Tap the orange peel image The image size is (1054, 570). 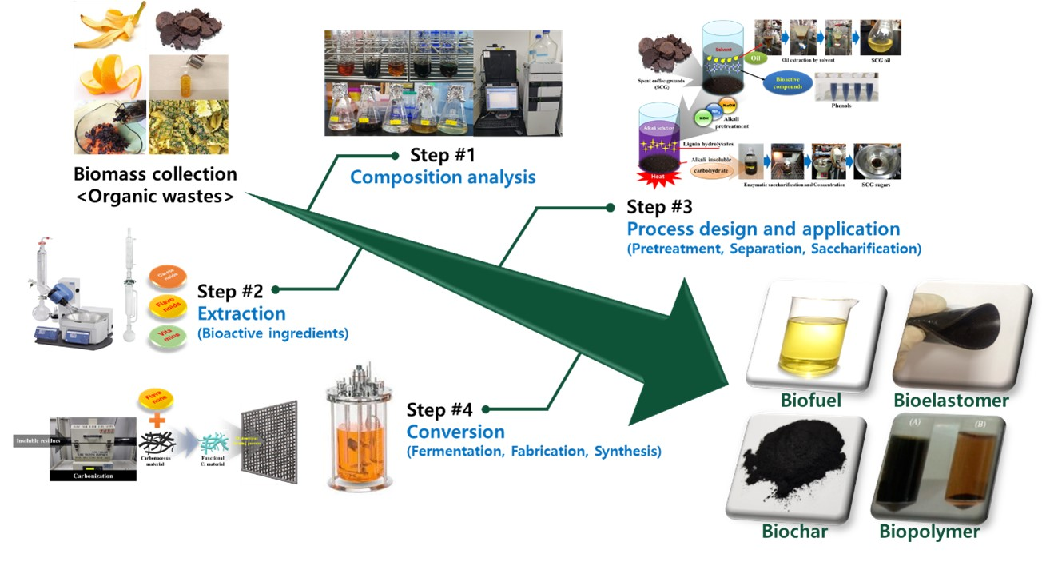click(x=110, y=78)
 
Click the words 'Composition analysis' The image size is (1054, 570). click(x=443, y=177)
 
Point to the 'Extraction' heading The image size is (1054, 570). click(x=241, y=313)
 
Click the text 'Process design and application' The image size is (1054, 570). click(x=763, y=229)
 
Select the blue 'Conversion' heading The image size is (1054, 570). click(x=455, y=432)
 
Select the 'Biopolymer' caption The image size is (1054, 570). click(x=929, y=532)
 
